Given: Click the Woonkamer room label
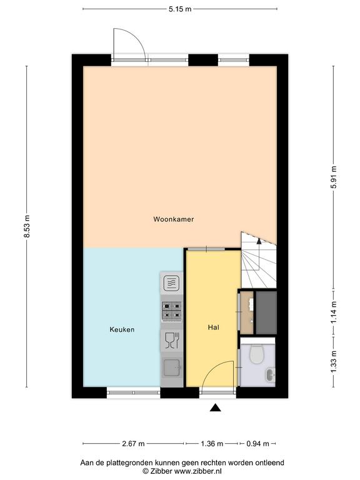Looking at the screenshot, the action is pyautogui.click(x=174, y=219).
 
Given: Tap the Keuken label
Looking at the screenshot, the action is pyautogui.click(x=122, y=329).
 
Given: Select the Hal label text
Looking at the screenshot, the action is pyautogui.click(x=213, y=327).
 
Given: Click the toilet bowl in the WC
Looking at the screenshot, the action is pyautogui.click(x=256, y=354).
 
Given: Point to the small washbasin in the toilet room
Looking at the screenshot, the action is pyautogui.click(x=271, y=375).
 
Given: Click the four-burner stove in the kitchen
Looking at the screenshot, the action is pyautogui.click(x=171, y=311).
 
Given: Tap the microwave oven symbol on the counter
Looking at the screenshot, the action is pyautogui.click(x=171, y=283).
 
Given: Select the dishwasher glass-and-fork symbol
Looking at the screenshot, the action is pyautogui.click(x=172, y=341).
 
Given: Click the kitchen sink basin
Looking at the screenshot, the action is pyautogui.click(x=171, y=368).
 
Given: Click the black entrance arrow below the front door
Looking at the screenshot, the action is pyautogui.click(x=216, y=407).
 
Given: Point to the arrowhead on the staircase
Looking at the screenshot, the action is pyautogui.click(x=259, y=241).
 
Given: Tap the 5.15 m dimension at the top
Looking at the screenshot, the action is pyautogui.click(x=180, y=9).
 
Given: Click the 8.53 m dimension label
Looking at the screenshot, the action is pyautogui.click(x=27, y=226).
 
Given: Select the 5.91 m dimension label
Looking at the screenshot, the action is pyautogui.click(x=334, y=177).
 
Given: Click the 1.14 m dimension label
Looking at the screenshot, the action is pyautogui.click(x=334, y=312).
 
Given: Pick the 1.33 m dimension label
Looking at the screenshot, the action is pyautogui.click(x=334, y=361).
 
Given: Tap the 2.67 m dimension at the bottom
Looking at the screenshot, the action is pyautogui.click(x=134, y=444).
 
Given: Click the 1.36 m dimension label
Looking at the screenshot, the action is pyautogui.click(x=212, y=444).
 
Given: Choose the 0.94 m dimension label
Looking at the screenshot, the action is pyautogui.click(x=257, y=444).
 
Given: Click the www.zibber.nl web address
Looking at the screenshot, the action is pyautogui.click(x=197, y=471).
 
